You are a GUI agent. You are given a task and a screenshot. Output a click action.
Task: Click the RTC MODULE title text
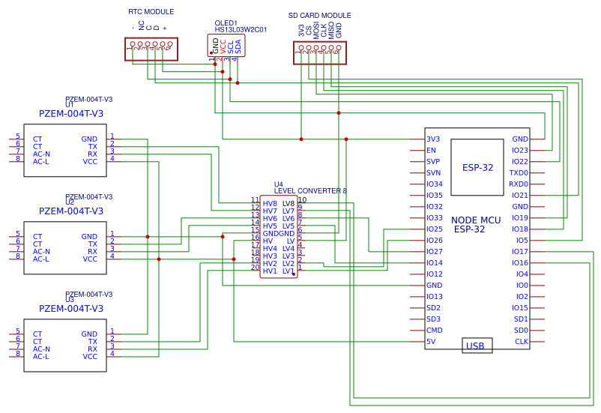coord(151,12)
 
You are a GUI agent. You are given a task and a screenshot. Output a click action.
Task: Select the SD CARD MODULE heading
coord(319,16)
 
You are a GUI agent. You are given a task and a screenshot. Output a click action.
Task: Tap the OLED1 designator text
coord(226,23)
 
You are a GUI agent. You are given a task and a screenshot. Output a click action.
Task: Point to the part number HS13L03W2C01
coord(241,30)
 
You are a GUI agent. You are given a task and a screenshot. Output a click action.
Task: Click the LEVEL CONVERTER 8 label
coord(310,191)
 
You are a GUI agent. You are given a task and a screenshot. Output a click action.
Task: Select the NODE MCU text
coord(476,220)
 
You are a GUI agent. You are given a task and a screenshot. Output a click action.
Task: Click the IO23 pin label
coord(520,151)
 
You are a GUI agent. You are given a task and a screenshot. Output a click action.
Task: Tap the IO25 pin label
coord(435,229)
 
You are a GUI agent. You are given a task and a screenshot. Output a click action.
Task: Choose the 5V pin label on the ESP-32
coord(431,342)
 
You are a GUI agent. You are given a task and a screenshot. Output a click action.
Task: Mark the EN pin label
coord(431,151)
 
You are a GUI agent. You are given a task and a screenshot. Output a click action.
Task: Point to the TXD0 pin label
coord(519,173)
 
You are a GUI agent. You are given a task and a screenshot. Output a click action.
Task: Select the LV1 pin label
coord(289,271)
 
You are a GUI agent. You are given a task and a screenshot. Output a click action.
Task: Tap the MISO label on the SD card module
coord(331,30)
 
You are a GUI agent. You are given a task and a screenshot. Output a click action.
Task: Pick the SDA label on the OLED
coord(238,46)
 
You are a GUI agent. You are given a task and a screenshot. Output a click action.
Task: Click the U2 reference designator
coord(70,202)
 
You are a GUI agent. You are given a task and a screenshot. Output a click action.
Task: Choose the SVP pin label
coord(433,162)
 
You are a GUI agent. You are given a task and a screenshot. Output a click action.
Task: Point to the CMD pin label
coord(434,331)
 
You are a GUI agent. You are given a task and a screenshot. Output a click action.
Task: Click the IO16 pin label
coord(520,263)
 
